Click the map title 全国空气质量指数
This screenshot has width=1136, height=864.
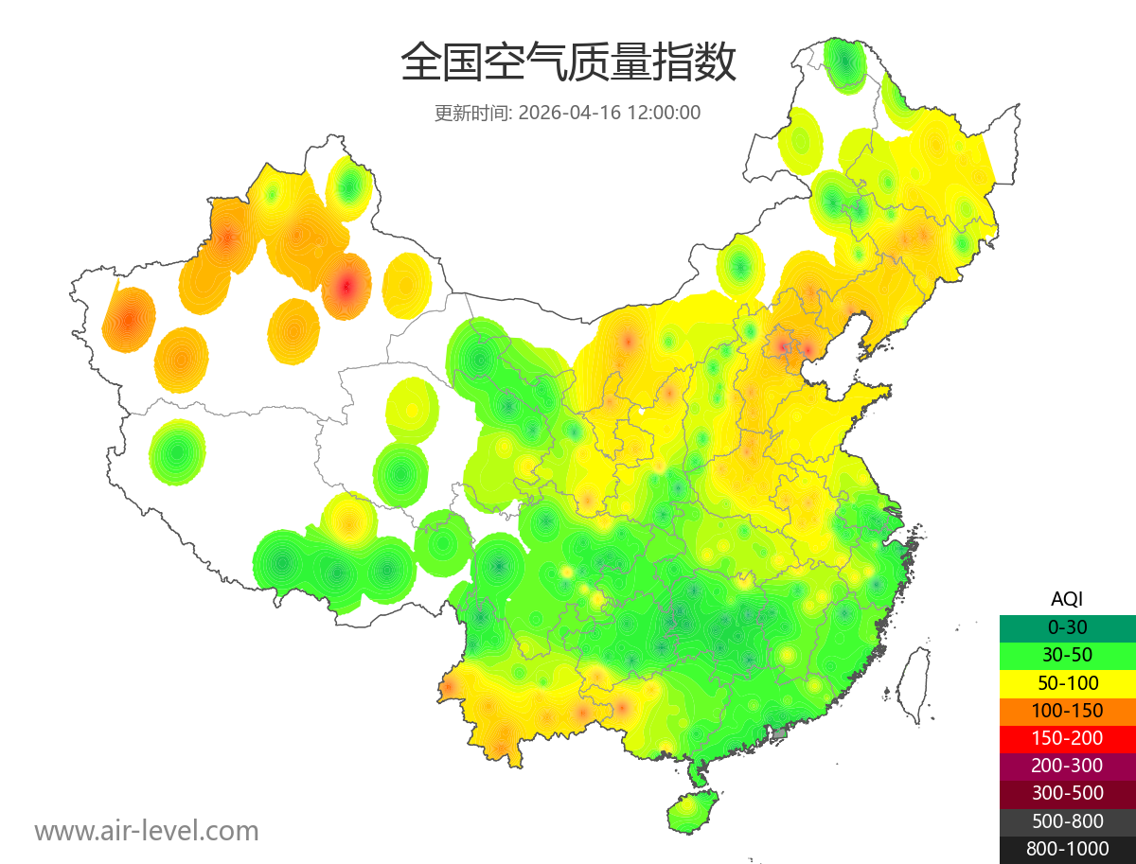[x=568, y=63]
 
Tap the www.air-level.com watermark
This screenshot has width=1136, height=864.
[x=147, y=831]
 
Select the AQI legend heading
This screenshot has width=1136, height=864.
[x=1067, y=598]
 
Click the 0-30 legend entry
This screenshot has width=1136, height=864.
[x=1067, y=627]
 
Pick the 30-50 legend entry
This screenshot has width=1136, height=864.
[x=1067, y=655]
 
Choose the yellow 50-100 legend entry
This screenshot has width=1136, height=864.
[x=1067, y=682]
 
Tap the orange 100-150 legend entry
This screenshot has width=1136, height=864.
[x=1067, y=710]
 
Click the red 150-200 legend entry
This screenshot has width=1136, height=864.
[x=1067, y=738]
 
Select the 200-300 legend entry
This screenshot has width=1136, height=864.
[x=1067, y=766]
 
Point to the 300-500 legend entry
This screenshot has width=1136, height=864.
[x=1067, y=793]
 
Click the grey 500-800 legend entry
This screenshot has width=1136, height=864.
[x=1067, y=821]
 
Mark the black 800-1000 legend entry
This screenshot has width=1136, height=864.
[x=1067, y=849]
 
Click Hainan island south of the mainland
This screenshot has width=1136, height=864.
[x=693, y=812]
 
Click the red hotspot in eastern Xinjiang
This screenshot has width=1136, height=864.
[x=346, y=285]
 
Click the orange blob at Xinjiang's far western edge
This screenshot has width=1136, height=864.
[x=128, y=319]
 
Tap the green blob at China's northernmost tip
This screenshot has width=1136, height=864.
[x=843, y=64]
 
